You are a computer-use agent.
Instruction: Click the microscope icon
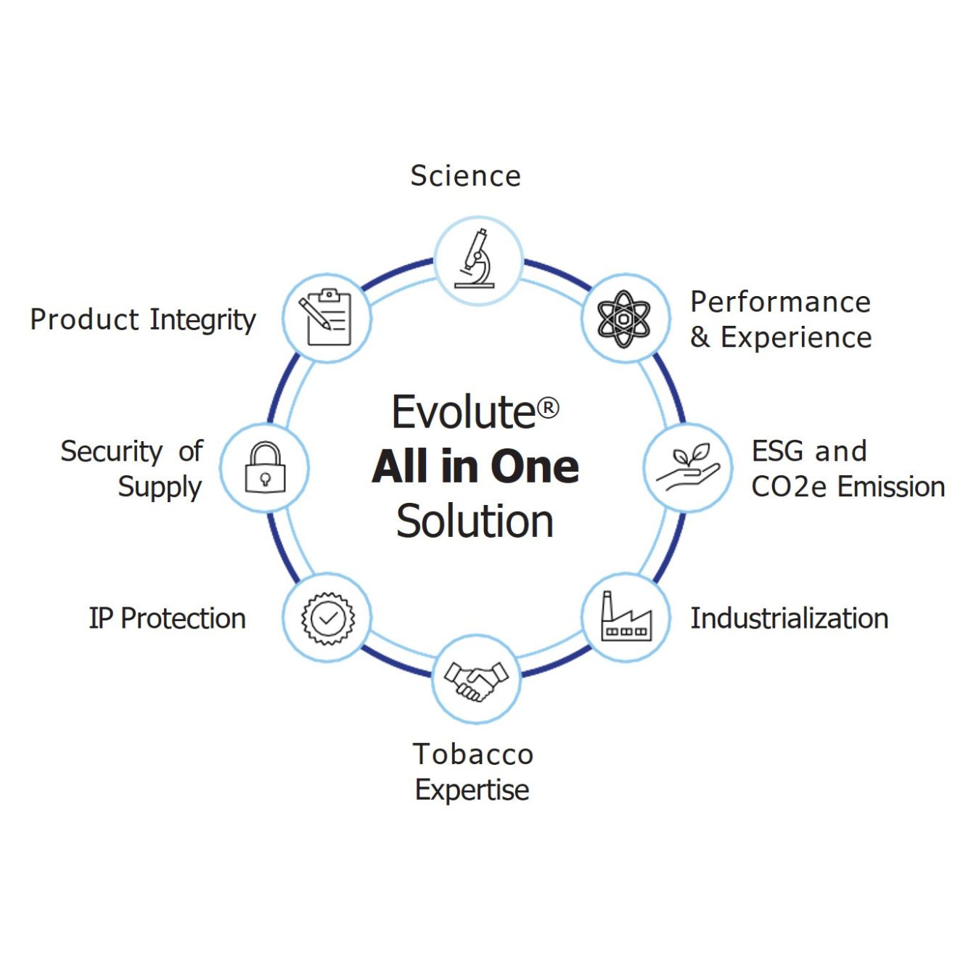(475, 258)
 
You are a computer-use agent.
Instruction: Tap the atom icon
(623, 319)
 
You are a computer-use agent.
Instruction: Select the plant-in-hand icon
(688, 467)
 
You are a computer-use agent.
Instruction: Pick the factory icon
(626, 616)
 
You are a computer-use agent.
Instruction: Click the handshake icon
(476, 680)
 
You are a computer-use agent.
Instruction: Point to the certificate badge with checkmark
(328, 618)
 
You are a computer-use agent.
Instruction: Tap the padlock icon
(266, 467)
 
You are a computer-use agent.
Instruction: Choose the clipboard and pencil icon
(324, 318)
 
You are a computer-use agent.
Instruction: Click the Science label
(465, 176)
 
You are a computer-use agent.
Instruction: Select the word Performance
(781, 303)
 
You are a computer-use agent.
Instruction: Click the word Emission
(891, 487)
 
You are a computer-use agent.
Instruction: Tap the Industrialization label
(790, 618)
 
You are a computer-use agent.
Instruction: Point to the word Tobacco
(473, 754)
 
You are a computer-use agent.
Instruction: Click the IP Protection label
(168, 618)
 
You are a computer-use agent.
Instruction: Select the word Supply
(160, 488)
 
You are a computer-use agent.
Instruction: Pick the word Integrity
(203, 321)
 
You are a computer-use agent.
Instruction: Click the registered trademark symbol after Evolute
(547, 408)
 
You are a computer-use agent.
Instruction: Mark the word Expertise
(472, 790)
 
